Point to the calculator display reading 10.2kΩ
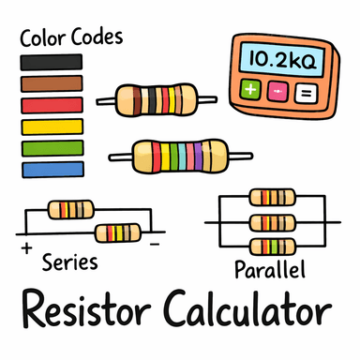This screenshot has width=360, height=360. (x=278, y=59)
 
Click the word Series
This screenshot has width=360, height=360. (x=70, y=262)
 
